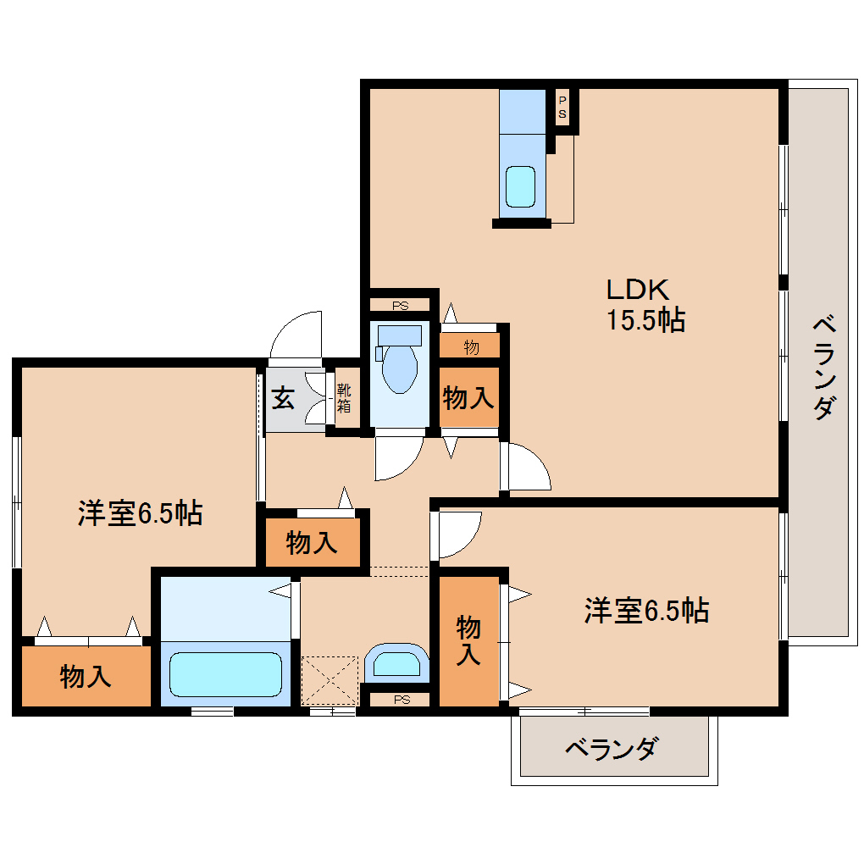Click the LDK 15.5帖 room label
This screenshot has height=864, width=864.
(x=645, y=305)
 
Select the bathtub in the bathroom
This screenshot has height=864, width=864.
(x=225, y=674)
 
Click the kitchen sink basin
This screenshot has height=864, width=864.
(x=520, y=186)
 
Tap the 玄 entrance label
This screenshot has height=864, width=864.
(x=283, y=398)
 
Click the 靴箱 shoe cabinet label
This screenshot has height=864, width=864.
(x=344, y=399)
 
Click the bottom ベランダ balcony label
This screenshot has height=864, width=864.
(x=610, y=749)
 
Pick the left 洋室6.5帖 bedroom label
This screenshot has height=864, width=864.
(x=140, y=512)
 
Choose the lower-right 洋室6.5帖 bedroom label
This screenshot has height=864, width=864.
(x=646, y=610)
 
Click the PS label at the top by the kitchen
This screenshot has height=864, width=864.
(x=562, y=108)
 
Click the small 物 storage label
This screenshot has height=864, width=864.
(x=471, y=346)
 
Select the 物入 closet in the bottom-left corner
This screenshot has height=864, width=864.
(x=86, y=677)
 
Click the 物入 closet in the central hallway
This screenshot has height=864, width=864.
(x=313, y=543)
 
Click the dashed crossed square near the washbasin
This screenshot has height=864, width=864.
(x=330, y=680)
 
